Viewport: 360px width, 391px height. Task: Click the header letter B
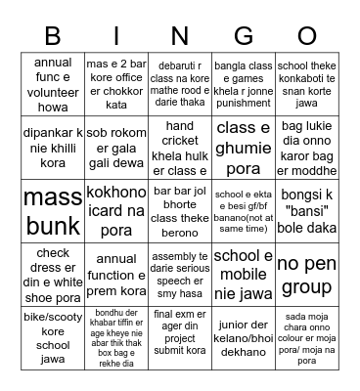(52, 36)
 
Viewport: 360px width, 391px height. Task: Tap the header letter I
(117, 36)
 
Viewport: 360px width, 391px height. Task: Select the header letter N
(180, 36)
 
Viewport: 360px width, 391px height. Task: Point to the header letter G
(244, 36)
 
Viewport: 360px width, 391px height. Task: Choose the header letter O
(308, 36)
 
